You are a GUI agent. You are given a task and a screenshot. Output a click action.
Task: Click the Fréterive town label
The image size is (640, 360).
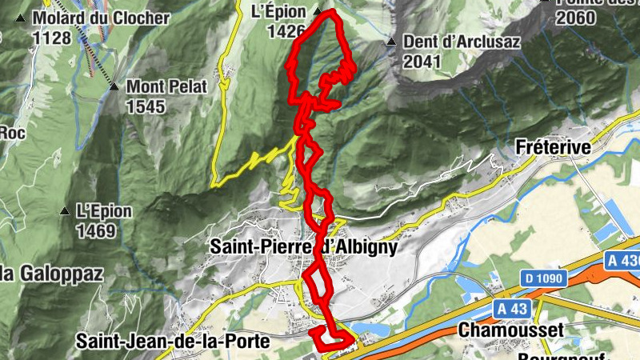click(553, 148)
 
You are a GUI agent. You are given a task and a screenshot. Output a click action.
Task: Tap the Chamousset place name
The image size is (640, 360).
click(511, 330)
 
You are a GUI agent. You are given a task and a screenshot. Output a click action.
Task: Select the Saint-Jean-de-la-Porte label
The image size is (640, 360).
click(173, 341)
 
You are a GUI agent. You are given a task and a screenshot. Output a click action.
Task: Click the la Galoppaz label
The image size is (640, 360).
click(52, 274)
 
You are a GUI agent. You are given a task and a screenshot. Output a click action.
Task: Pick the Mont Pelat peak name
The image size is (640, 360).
click(166, 86)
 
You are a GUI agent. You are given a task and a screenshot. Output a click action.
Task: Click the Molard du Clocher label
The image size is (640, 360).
click(101, 18)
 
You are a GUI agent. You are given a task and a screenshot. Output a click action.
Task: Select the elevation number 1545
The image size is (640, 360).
click(145, 106)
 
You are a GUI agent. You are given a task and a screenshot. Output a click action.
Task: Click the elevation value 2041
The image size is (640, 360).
click(423, 61)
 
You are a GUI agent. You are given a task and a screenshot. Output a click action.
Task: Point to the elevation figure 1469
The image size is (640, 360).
click(95, 231)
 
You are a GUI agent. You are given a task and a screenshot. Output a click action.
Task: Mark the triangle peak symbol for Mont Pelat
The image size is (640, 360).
click(114, 86)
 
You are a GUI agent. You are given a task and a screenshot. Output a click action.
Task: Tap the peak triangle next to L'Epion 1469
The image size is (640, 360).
click(64, 211)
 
